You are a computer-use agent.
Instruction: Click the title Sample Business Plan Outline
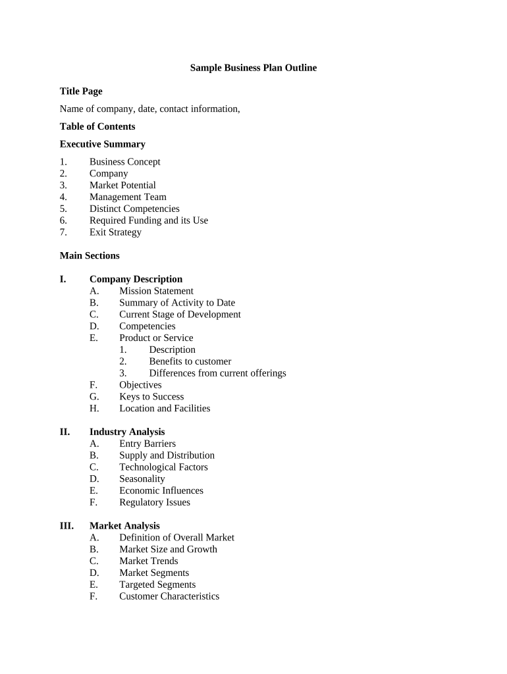point(254,68)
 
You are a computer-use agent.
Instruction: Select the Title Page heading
point(81,91)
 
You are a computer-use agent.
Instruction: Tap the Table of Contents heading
point(97,126)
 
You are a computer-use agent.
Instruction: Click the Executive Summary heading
point(102,144)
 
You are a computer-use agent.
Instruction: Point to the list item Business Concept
point(124,162)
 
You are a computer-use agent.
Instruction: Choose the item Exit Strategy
point(115,232)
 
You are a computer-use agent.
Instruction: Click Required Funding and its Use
point(149,220)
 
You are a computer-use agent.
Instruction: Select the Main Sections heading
point(90,255)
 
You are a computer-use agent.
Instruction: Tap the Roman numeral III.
point(67,526)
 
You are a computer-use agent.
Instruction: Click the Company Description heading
point(136,279)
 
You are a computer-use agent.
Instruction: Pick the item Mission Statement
point(156,291)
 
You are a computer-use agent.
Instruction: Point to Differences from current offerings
point(217,373)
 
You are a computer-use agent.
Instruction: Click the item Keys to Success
point(151,397)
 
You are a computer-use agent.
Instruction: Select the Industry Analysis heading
point(127,432)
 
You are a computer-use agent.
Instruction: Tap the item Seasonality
point(142,479)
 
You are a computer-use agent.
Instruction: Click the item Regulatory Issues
point(154,502)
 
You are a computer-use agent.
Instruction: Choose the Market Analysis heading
point(124,526)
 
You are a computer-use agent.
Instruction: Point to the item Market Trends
point(148,561)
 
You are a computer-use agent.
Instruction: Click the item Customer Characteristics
point(169,596)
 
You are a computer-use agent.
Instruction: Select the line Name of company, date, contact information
point(149,109)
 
